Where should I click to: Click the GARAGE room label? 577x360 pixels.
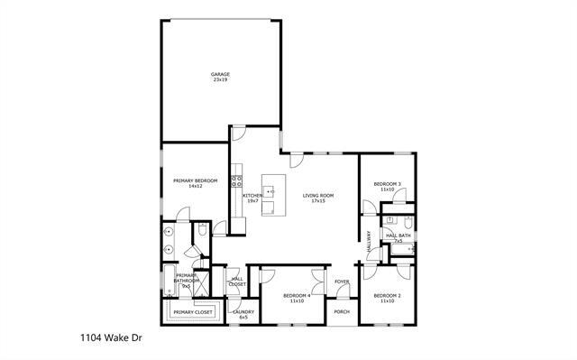tap(219, 74)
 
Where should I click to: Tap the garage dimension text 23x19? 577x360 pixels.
tap(219, 80)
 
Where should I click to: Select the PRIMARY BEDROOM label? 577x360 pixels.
tap(195, 180)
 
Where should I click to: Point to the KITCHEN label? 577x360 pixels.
tap(252, 196)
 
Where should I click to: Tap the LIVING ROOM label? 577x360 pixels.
tap(318, 196)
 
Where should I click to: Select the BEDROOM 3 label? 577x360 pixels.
tap(388, 184)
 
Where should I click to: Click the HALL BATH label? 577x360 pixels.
tap(398, 235)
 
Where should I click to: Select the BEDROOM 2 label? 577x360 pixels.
tap(388, 295)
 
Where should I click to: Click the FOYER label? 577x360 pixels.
tap(342, 282)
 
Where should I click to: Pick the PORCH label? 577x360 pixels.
tap(342, 311)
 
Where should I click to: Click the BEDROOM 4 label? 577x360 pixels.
tap(297, 295)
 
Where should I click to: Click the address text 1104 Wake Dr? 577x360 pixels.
tap(106, 340)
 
